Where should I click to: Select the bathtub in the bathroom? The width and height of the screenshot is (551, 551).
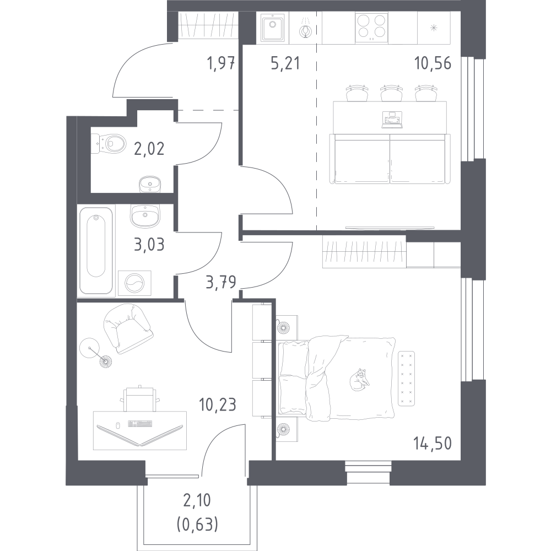96,251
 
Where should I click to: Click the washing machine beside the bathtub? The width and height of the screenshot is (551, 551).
134,283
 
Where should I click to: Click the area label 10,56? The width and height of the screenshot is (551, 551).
433,63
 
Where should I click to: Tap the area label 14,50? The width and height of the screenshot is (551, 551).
433,444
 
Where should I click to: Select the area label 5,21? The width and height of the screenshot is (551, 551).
285,63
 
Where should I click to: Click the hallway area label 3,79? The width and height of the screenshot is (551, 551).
221,282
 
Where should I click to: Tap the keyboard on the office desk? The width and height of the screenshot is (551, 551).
140,424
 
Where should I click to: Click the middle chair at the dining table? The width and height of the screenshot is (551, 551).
391,93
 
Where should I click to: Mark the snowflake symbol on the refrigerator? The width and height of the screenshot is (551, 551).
434,28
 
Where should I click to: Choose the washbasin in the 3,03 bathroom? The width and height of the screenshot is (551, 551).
145,215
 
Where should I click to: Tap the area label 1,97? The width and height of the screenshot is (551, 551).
221,63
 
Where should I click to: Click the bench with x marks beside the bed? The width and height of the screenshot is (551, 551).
406,379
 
